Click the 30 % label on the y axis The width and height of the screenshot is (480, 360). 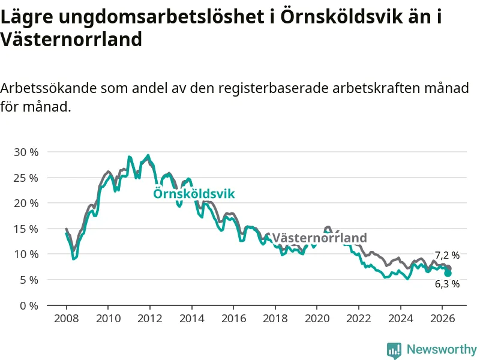tap(26, 152)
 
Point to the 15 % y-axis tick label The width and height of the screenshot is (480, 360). tap(26, 229)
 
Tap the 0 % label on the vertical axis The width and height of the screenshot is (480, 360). tap(29, 306)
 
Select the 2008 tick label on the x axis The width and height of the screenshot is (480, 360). tap(67, 319)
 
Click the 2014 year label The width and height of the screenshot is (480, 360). tap(191, 319)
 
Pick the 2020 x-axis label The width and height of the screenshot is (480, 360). tap(317, 319)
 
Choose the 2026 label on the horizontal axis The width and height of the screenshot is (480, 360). tap(442, 319)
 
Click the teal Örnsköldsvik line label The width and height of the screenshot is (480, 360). tap(194, 193)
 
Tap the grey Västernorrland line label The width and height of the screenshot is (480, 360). tap(319, 238)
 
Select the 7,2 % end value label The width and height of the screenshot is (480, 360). tap(447, 256)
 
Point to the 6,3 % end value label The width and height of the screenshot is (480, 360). tap(447, 284)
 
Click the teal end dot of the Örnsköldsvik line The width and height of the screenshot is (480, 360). tap(448, 273)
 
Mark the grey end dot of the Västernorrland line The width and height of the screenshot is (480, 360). tap(448, 268)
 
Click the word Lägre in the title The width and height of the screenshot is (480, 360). tap(27, 17)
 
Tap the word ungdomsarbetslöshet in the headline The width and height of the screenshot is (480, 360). tap(161, 17)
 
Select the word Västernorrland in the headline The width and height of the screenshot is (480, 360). tap(71, 39)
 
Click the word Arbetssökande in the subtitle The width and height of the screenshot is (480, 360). tap(49, 88)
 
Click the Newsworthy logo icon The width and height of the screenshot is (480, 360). tap(394, 350)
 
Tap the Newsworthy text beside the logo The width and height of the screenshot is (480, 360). tap(442, 349)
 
